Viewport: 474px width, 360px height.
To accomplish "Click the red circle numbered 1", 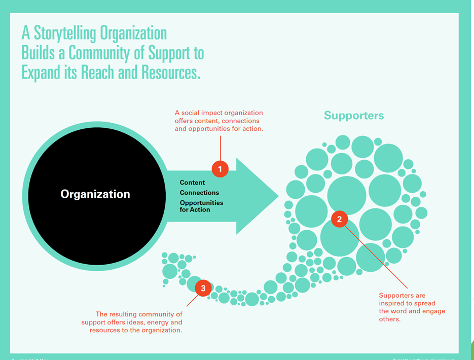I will [220, 169].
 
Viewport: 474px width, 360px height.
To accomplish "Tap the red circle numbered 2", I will [340, 220].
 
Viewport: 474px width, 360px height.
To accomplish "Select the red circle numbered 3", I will [203, 289].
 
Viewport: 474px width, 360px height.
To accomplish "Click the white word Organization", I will [95, 194].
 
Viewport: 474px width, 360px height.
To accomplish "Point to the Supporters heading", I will [354, 116].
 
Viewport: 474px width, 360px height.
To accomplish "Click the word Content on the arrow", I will [193, 183].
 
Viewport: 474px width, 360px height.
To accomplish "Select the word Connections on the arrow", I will [200, 193].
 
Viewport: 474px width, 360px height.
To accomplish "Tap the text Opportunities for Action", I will [201, 206].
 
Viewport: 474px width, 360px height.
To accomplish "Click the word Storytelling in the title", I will [66, 33].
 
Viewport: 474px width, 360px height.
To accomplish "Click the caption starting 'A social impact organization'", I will [219, 121].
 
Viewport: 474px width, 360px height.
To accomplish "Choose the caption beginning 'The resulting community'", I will [133, 322].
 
